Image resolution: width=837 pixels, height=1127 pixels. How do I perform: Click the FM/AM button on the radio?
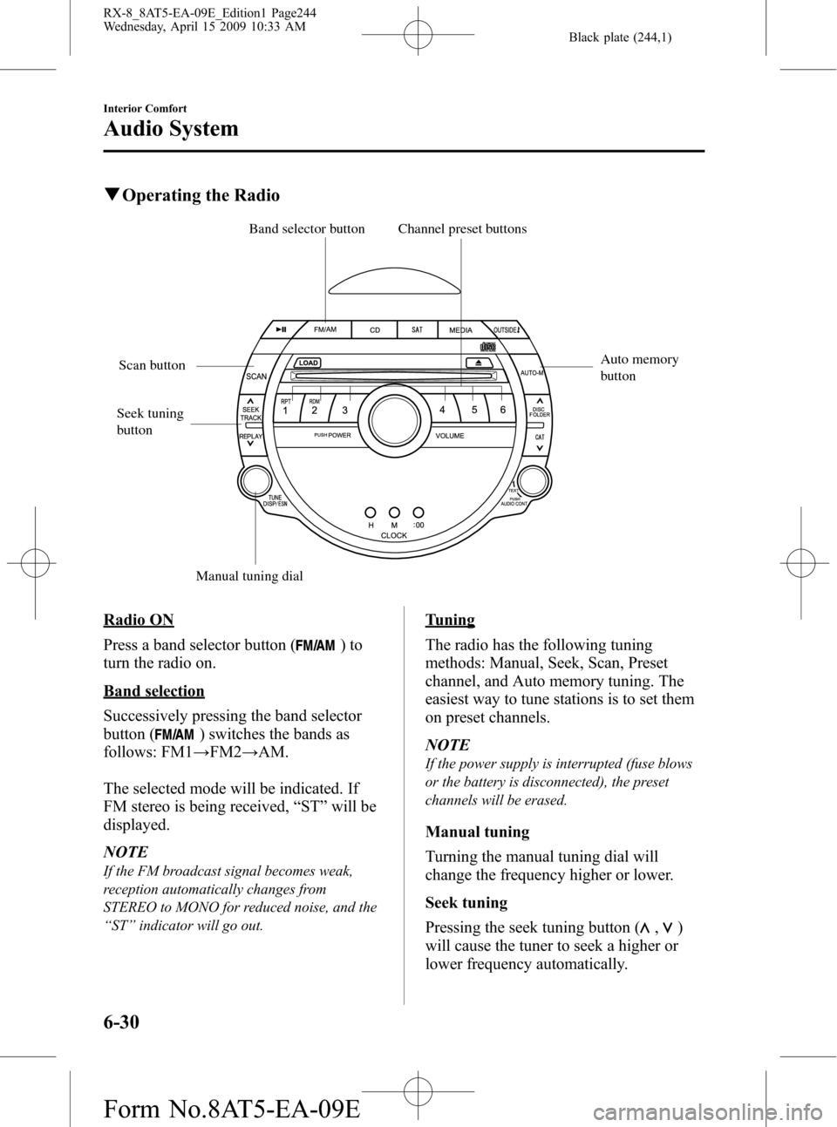click(x=324, y=329)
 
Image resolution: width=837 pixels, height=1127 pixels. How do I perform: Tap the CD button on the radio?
click(x=375, y=330)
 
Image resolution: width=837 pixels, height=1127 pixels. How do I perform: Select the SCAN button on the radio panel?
click(x=255, y=376)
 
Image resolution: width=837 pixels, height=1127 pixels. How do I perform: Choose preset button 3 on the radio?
click(x=345, y=409)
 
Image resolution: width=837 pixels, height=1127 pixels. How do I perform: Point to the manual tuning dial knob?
click(x=255, y=481)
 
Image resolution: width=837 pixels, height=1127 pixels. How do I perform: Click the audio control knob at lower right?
click(x=534, y=481)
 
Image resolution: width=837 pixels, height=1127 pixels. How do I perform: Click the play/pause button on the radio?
click(x=281, y=329)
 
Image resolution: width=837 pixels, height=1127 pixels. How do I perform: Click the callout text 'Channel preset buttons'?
click(x=462, y=229)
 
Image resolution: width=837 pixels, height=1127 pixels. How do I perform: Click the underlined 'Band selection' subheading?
click(x=153, y=691)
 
